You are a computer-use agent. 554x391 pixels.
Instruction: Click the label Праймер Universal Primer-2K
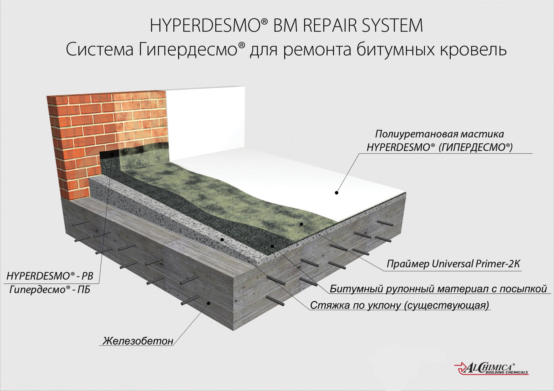[453, 264]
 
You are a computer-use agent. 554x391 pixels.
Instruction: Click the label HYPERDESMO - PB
[50, 276]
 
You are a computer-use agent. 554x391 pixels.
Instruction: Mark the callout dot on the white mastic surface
[337, 193]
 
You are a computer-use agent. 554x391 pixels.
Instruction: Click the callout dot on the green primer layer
[301, 224]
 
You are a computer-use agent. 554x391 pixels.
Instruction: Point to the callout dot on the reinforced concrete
[208, 303]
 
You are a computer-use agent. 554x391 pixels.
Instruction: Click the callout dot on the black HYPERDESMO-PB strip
[112, 154]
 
